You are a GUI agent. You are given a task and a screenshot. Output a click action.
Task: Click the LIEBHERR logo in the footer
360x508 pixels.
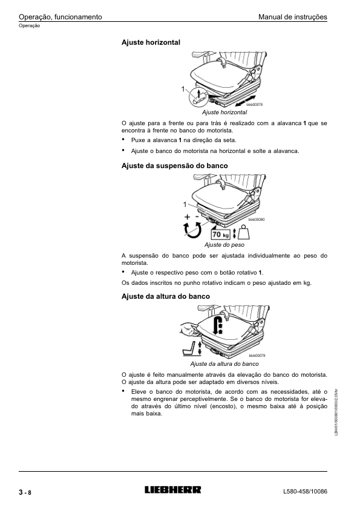172,489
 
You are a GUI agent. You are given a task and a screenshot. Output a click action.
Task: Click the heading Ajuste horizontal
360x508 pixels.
151,42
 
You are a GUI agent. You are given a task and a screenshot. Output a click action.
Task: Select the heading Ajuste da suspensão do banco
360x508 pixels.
175,166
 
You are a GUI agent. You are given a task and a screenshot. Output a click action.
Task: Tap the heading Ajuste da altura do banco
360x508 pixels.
166,296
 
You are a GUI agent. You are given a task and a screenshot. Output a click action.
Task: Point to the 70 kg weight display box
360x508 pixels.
220,234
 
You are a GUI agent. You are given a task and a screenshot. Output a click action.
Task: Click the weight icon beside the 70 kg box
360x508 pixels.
244,233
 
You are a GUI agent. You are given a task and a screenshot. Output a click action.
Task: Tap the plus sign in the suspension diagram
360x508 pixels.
187,217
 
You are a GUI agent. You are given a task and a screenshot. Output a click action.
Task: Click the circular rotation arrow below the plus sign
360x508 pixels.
193,230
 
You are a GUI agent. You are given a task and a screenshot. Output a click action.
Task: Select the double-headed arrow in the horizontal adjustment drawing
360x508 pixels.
245,101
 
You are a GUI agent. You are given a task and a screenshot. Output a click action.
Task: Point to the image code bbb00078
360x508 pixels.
254,105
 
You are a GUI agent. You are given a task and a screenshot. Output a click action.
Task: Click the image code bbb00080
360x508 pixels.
257,220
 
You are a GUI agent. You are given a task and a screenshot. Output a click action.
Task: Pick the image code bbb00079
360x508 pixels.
257,356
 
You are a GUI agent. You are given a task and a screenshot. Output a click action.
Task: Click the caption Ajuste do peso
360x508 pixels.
224,245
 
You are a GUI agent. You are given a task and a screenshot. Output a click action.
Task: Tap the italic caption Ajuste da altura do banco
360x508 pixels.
224,364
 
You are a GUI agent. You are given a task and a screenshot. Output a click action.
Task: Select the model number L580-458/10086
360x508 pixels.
305,492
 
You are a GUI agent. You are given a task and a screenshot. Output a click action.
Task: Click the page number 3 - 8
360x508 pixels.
25,493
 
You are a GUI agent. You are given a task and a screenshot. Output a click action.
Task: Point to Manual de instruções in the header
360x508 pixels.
293,17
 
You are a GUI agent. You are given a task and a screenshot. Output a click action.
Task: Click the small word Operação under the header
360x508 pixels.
29,26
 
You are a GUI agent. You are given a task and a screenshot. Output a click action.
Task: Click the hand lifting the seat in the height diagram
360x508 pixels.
189,328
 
